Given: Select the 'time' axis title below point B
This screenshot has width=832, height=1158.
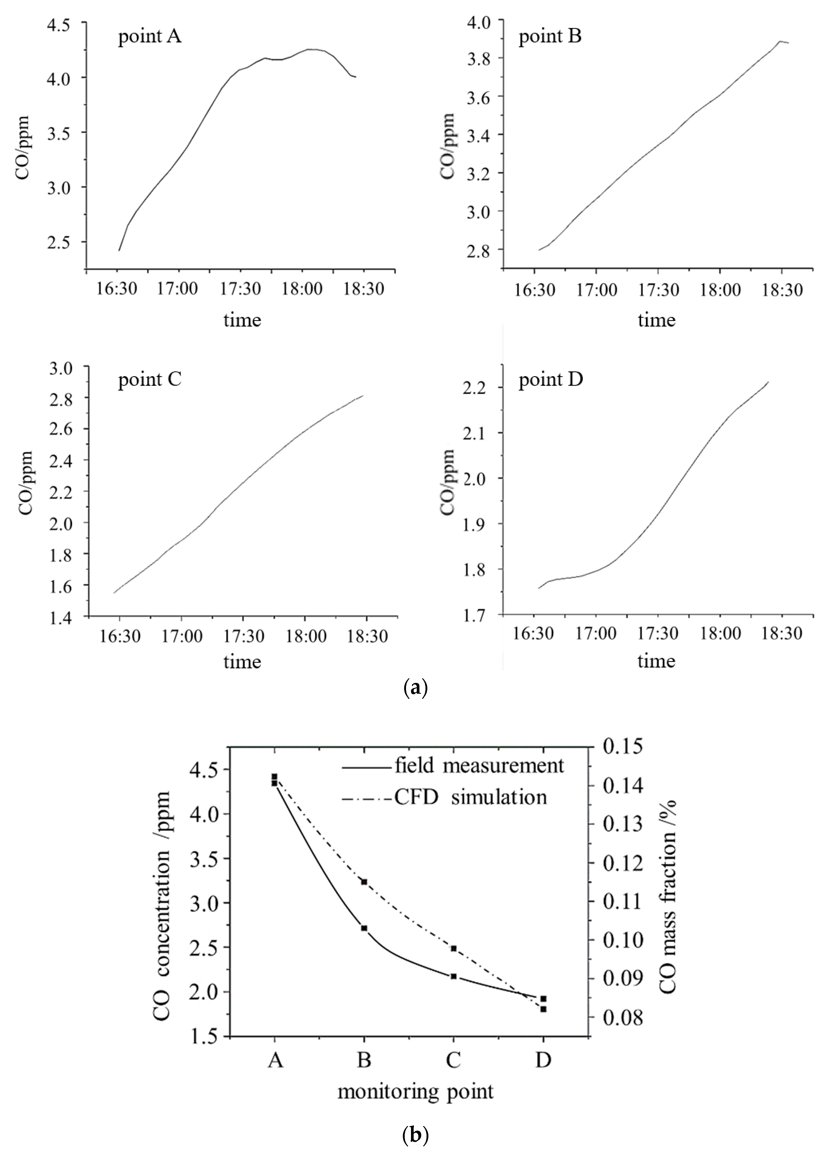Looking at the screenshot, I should [656, 320].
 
